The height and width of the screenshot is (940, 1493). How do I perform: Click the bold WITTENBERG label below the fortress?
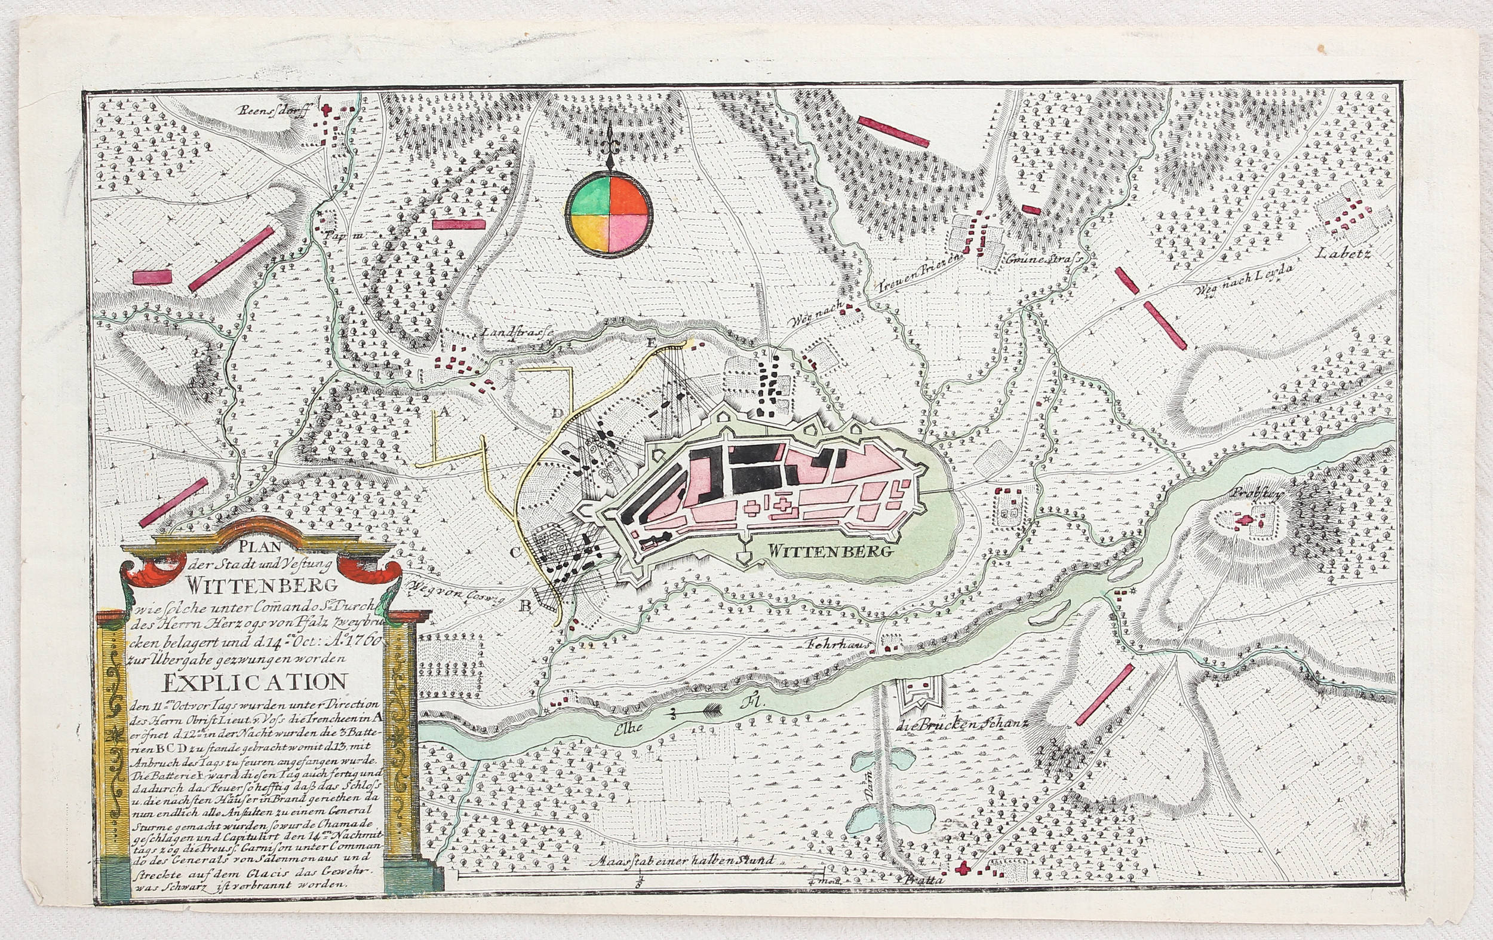coord(825,550)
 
